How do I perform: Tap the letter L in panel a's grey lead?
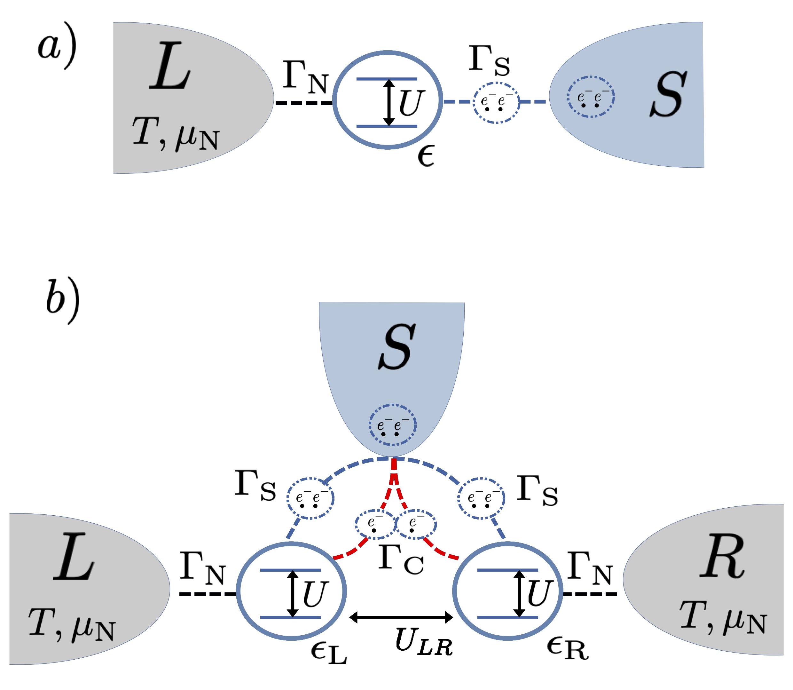click(x=170, y=66)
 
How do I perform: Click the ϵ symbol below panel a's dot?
click(x=426, y=156)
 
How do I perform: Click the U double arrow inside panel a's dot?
click(x=389, y=102)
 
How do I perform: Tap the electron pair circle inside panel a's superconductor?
click(x=591, y=97)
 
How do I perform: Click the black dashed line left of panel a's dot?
click(x=304, y=103)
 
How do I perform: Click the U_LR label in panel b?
click(x=423, y=641)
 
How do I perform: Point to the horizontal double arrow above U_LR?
click(x=401, y=617)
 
